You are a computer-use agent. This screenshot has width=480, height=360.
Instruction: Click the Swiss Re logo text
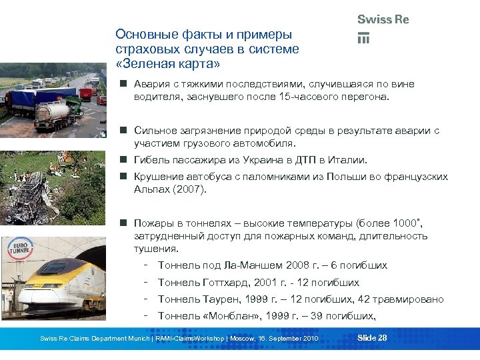(383, 20)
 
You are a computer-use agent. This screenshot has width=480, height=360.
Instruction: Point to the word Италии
(348, 160)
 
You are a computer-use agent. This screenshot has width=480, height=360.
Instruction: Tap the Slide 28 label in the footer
(372, 338)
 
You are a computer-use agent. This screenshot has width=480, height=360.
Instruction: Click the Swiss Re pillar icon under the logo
(364, 38)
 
